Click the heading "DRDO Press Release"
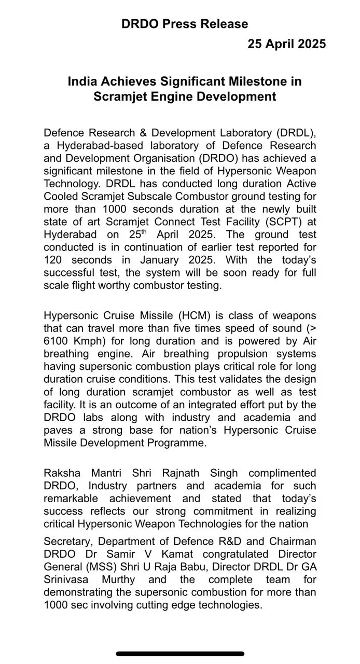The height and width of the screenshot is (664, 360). pyautogui.click(x=185, y=24)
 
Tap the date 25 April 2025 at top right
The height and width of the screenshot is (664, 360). pyautogui.click(x=286, y=44)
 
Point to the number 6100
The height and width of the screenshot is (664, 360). pyautogui.click(x=60, y=341)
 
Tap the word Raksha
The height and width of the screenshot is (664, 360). pyautogui.click(x=61, y=473)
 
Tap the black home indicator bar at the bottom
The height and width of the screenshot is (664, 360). pyautogui.click(x=180, y=654)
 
